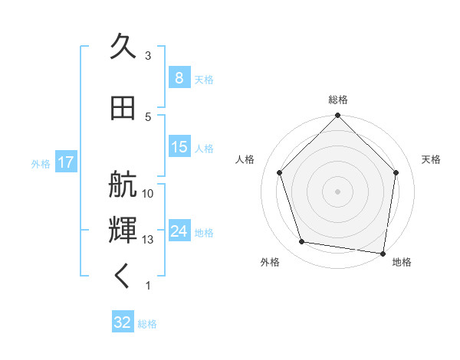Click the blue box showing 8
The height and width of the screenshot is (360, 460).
point(179,78)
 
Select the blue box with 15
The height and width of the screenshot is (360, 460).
point(179,147)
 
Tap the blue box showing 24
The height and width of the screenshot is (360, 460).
point(179,231)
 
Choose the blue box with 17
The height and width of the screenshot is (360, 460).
point(65,162)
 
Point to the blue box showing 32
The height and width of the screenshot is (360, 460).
point(123,322)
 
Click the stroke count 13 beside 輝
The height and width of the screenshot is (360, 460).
point(149,240)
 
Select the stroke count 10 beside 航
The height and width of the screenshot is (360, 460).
point(149,194)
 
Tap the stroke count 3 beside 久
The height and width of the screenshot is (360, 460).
point(149,56)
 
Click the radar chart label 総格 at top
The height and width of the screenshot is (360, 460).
point(338,100)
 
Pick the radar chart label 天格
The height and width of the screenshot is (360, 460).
point(431,159)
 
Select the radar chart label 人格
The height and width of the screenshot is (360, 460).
point(245,159)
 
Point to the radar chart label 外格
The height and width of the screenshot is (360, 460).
point(270,262)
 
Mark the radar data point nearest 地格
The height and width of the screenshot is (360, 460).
point(382,253)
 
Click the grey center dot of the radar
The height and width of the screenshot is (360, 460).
point(337,191)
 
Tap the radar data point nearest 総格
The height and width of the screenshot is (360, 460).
point(337,116)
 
